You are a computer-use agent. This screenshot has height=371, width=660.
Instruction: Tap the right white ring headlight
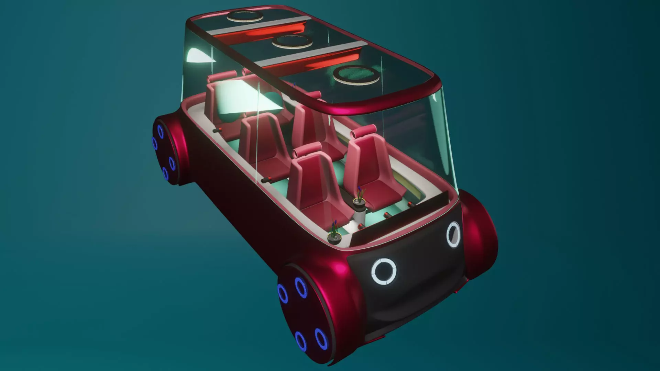click(x=453, y=235)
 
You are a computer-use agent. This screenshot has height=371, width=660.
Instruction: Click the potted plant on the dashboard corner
click(x=334, y=234)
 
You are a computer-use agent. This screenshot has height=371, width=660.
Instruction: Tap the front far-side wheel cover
click(x=481, y=234)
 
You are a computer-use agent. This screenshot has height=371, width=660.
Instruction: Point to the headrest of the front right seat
click(x=364, y=131)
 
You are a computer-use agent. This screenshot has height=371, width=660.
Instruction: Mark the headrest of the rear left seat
click(x=225, y=75)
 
